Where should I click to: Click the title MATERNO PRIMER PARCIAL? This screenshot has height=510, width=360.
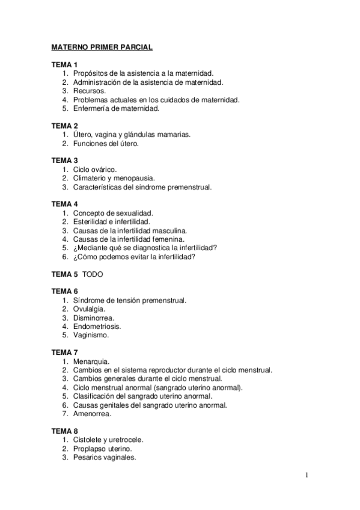102,46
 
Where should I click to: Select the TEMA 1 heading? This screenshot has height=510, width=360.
64,64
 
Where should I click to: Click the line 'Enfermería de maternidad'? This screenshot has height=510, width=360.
116,109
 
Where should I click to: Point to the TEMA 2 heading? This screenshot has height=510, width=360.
64,126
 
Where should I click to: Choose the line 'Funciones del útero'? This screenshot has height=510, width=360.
106,144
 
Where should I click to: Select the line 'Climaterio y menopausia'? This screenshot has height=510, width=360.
114,179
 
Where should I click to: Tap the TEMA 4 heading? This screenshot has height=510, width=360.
64,204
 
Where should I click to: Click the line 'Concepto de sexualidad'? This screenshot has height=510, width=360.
113,213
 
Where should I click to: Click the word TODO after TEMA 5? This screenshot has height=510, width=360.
93,274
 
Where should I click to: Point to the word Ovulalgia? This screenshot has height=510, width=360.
89,309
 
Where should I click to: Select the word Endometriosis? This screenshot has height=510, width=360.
97,327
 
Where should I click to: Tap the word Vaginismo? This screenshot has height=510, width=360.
91,335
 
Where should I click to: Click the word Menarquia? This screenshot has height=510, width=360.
91,361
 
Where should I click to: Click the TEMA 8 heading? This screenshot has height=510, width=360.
64,431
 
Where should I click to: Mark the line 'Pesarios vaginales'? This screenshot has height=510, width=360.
105,457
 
